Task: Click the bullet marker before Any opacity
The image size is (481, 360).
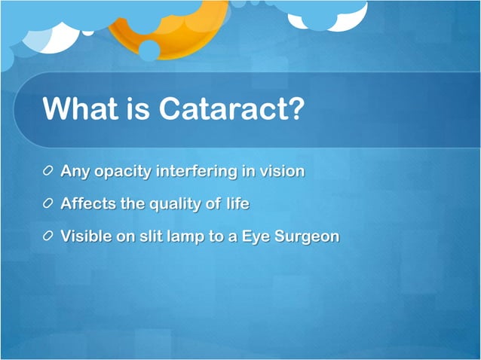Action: click(x=49, y=172)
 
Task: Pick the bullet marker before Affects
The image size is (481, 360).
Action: click(x=49, y=204)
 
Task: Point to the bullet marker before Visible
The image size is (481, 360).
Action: click(x=49, y=236)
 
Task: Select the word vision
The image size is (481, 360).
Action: click(x=281, y=171)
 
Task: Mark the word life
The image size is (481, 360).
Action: click(x=235, y=203)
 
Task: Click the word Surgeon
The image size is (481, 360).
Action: click(x=305, y=236)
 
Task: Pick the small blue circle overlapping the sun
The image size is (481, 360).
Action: click(x=149, y=50)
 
